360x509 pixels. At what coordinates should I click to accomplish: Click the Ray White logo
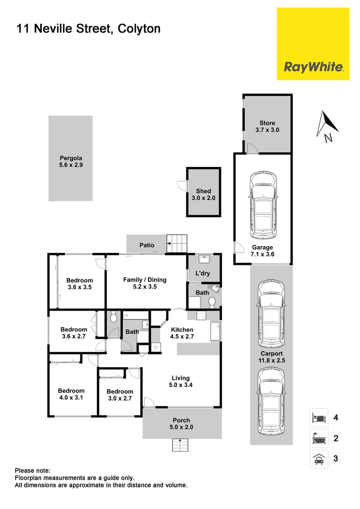313,67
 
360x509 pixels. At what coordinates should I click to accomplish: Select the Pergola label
71,162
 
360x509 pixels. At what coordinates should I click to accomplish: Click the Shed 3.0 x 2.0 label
204,195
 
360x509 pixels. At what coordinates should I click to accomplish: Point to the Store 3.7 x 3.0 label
267,126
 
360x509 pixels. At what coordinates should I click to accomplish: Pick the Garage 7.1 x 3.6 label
262,251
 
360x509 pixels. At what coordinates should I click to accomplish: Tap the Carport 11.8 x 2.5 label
272,357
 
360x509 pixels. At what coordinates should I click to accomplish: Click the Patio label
147,245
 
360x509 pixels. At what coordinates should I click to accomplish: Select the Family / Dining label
145,283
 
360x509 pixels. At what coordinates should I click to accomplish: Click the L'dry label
203,274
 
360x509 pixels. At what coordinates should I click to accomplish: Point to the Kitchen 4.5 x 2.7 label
182,333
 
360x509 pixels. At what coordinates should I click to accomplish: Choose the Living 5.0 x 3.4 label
180,381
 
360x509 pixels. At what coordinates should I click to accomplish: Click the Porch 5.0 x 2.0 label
181,424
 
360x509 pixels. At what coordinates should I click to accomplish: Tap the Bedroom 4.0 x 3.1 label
71,394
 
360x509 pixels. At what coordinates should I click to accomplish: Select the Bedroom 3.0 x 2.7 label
120,395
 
